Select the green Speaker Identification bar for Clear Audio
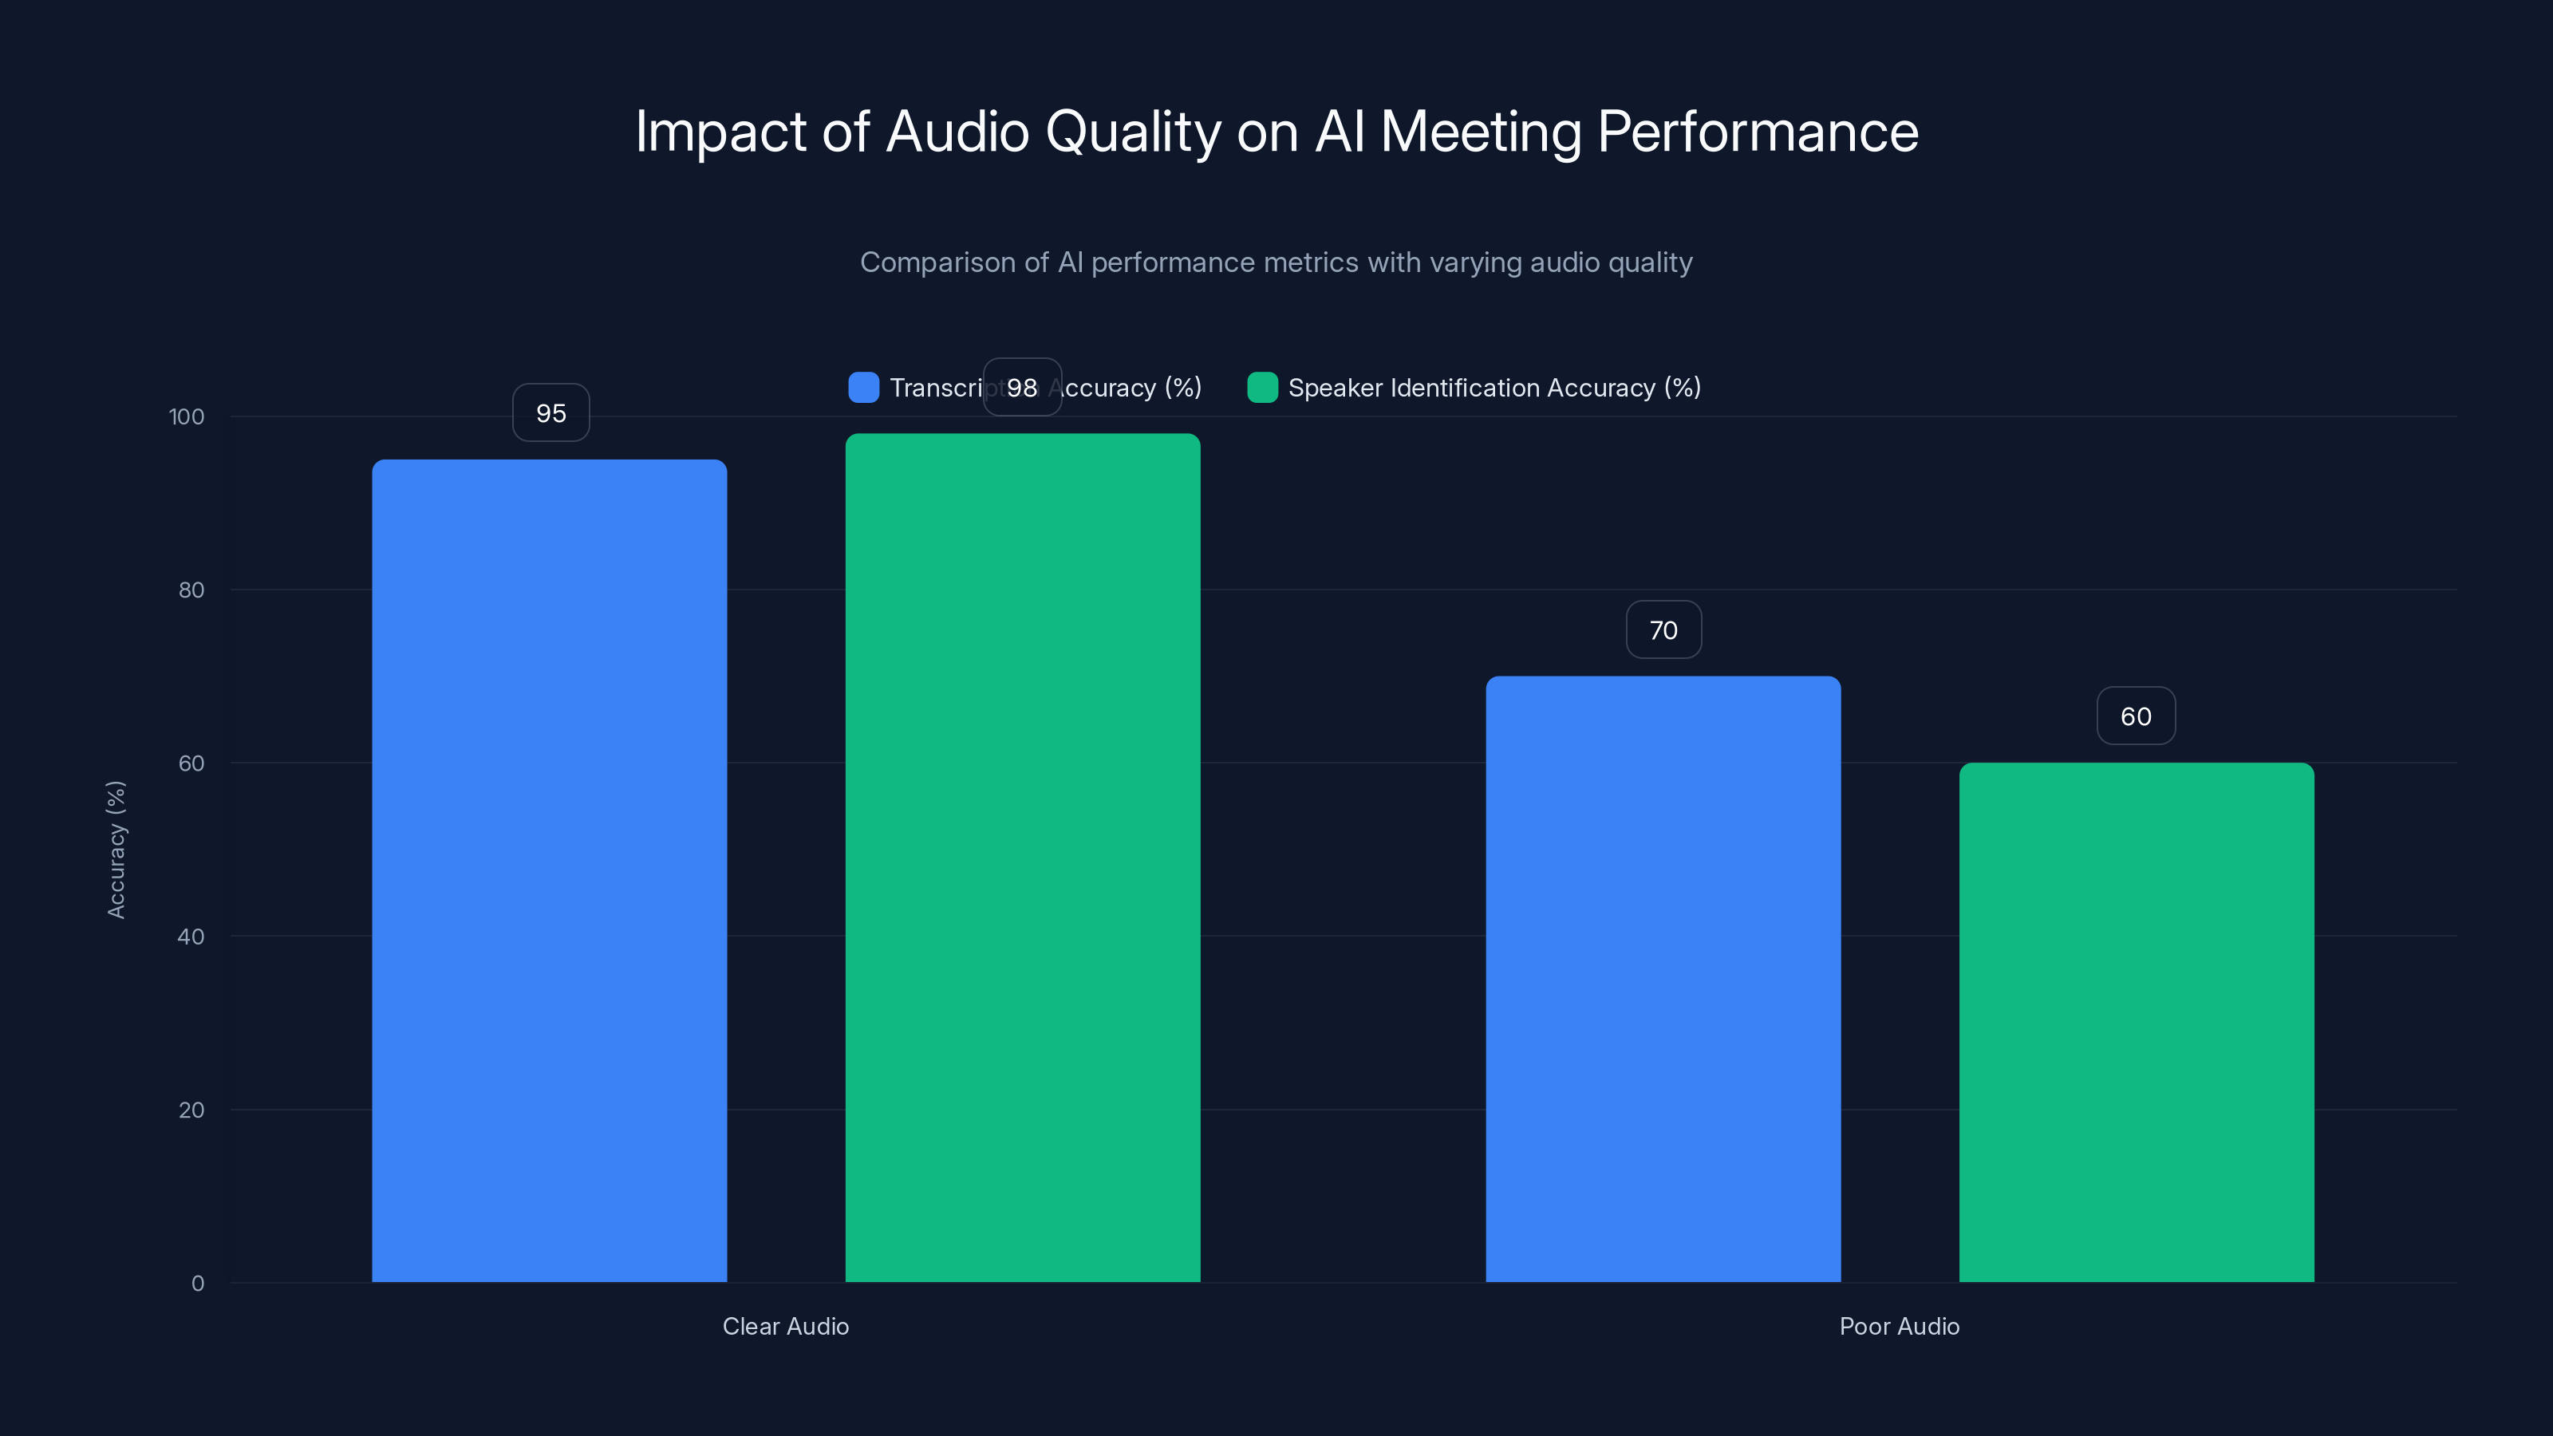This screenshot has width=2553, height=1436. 1022,858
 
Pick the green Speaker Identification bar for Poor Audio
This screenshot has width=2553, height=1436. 2136,1022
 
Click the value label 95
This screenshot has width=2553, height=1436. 551,413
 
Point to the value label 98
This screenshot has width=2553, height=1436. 1022,388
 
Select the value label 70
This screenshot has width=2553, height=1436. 1663,630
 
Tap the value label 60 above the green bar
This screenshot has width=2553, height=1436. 2136,716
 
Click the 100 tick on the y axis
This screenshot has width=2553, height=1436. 187,417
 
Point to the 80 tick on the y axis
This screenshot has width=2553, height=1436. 191,590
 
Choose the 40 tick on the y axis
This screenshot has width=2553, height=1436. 191,937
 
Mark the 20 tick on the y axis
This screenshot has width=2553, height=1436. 191,1110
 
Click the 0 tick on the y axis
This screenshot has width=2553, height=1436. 197,1284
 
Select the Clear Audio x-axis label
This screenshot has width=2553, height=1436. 785,1326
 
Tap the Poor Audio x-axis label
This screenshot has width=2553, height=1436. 1899,1326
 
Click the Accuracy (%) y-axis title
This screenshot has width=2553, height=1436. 116,850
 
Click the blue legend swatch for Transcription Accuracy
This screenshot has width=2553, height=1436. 863,388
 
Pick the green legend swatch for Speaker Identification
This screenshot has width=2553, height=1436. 1261,388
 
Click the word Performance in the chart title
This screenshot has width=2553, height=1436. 1757,132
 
